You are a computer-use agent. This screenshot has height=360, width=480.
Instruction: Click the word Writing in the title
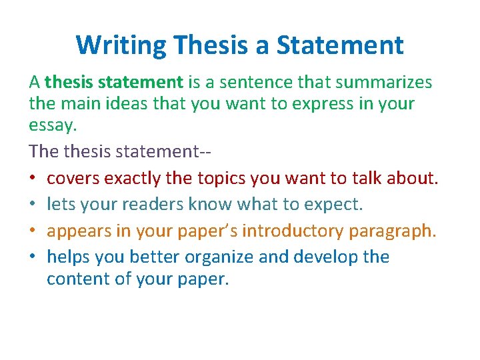click(x=121, y=45)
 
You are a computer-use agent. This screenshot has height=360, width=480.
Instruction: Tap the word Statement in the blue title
click(x=340, y=45)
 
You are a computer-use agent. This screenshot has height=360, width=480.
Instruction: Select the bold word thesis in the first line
click(x=69, y=83)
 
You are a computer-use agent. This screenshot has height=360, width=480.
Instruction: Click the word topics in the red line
click(x=219, y=179)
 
